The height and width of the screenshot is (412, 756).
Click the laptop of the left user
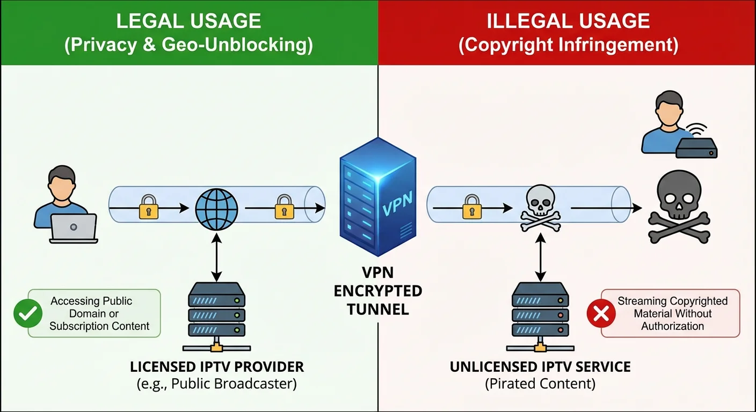click(x=74, y=228)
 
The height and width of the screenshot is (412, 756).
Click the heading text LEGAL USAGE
click(x=188, y=21)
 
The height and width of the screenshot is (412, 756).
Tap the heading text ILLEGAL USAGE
click(x=568, y=21)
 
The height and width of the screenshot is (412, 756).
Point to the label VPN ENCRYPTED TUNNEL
click(x=377, y=291)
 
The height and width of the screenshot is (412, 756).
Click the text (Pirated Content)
click(x=540, y=384)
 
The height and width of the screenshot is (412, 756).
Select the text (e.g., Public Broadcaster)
click(x=216, y=384)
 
